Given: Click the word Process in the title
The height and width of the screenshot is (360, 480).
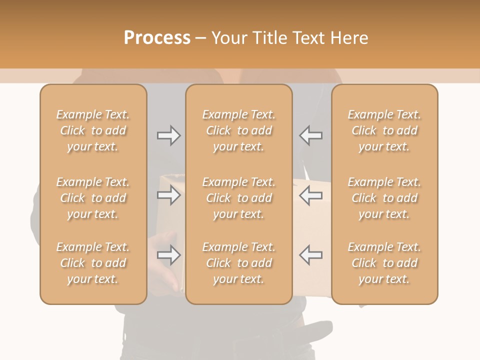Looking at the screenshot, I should [157, 38].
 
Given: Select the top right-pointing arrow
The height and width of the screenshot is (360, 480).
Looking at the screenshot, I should [168, 135].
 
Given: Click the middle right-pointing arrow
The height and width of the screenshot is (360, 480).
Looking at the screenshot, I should [168, 195].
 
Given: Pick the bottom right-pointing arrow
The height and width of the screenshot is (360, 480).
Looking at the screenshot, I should [168, 255].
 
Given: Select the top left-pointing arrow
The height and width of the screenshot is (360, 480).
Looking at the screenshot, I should [310, 135].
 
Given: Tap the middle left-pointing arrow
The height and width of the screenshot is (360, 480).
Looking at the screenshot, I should [310, 195].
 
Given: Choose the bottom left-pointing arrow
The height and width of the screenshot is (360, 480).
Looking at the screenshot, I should [310, 255].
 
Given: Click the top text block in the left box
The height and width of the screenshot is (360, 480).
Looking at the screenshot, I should [93, 130].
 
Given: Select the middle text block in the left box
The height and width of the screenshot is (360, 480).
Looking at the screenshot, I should [93, 198].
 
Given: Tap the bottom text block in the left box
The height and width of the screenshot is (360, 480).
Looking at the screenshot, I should [93, 263].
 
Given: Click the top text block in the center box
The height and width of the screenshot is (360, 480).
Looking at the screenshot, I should [238, 130].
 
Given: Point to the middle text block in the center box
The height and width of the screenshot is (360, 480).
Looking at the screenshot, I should [238, 198].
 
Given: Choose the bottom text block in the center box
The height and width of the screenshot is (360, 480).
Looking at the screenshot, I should [238, 263].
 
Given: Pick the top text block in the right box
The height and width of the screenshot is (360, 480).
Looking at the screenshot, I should [384, 130].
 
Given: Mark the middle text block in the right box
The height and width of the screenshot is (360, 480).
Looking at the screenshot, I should [384, 198].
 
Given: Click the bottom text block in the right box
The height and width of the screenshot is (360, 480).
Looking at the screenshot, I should [384, 263].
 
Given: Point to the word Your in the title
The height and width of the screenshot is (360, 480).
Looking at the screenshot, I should [229, 38].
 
